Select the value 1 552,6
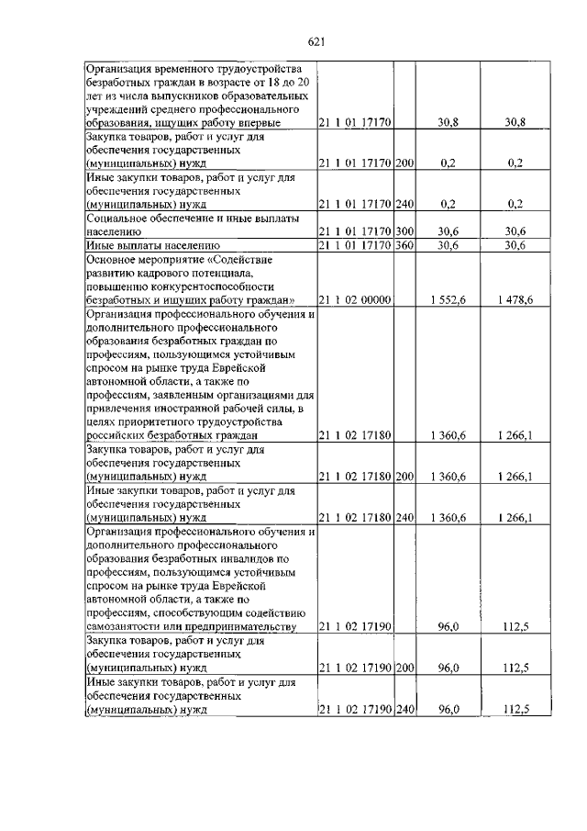(448, 299)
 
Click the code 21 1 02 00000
(355, 299)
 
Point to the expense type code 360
(404, 246)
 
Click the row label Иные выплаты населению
(152, 246)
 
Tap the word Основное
(113, 259)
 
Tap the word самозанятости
(127, 627)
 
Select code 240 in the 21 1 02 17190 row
(404, 709)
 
